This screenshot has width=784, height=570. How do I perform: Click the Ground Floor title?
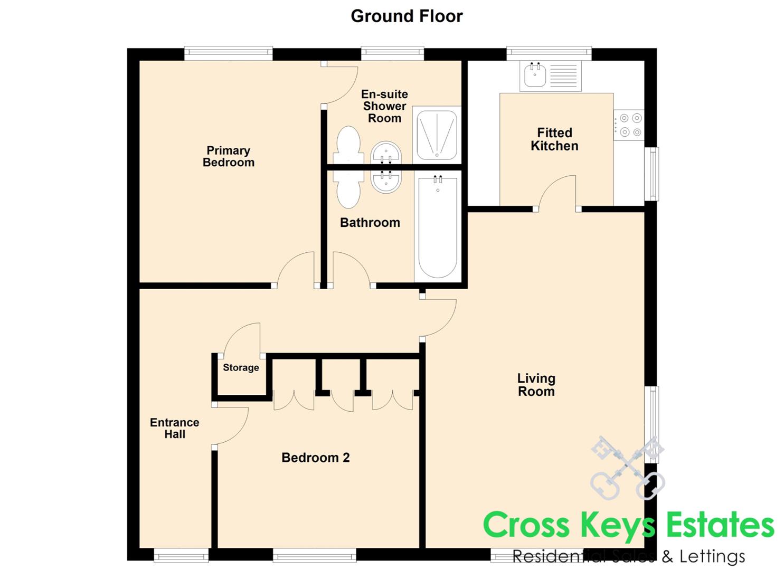407,16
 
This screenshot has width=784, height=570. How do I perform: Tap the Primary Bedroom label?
229,156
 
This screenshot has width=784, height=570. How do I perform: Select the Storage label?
241,367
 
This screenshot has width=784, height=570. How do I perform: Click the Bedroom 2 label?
315,458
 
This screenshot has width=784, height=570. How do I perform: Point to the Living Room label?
536,385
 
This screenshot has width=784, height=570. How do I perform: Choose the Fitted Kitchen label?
554,139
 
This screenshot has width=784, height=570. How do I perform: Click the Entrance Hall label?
174,428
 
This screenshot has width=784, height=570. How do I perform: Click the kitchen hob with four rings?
629,125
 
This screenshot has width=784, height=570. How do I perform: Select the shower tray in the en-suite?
437,135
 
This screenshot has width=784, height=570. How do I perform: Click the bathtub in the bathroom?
438,228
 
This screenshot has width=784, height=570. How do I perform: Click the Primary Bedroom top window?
228,53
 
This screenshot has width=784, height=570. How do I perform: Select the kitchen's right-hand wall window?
651,174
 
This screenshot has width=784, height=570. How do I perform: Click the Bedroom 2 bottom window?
314,555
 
